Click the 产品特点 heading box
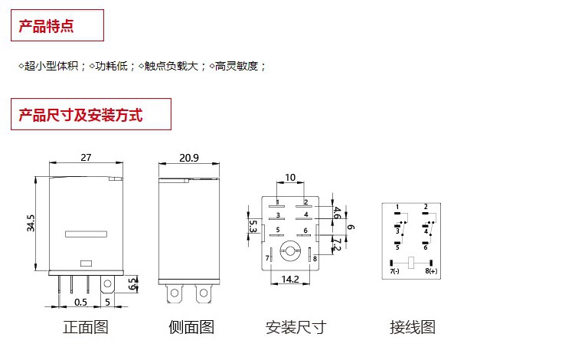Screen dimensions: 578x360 [x=57, y=26]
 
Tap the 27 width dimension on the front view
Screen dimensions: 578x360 [x=86, y=157]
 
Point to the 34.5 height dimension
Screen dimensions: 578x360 [x=30, y=224]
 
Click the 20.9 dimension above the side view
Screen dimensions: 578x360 [x=188, y=157]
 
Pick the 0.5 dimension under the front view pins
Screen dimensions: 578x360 [x=80, y=303]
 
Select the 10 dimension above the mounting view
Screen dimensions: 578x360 [x=289, y=178]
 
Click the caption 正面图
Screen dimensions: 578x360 [x=85, y=328]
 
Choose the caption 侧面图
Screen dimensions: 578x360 [x=191, y=328]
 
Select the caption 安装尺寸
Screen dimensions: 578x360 [x=296, y=328]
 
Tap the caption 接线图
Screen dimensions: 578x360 [x=412, y=328]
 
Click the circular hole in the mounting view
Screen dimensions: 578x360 [x=289, y=248]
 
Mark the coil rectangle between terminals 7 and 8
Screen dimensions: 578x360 [x=412, y=263]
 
